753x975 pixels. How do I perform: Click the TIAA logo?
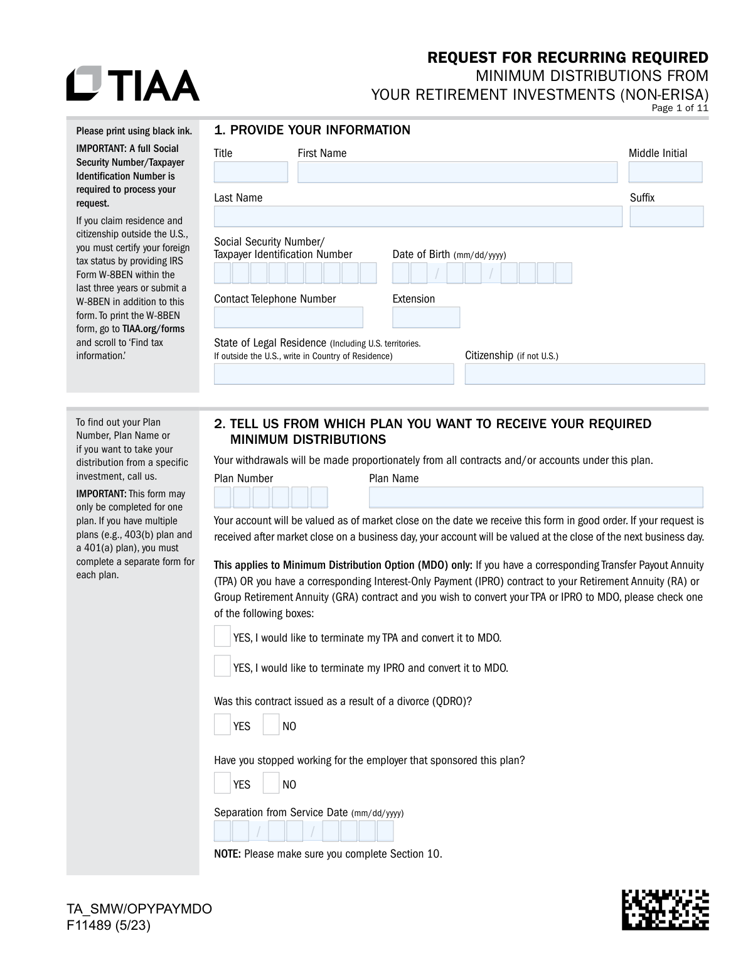(133, 83)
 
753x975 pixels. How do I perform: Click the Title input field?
(250, 172)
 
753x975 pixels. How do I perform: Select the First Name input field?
(457, 172)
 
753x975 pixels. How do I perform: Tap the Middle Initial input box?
(665, 172)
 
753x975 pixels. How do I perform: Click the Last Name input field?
(418, 217)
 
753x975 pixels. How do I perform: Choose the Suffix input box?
(666, 217)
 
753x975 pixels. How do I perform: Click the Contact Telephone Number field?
(289, 317)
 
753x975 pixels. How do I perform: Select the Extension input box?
(426, 317)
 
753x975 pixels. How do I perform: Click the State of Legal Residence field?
(334, 374)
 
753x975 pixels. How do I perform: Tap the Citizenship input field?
(585, 374)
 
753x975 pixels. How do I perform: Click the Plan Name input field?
(536, 497)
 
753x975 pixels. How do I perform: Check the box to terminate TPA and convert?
(222, 636)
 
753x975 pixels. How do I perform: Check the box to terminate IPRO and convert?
(222, 666)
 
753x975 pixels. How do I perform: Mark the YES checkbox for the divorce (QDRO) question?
(222, 725)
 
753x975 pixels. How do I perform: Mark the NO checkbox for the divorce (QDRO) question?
(271, 725)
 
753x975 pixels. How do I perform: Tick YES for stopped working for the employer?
(222, 783)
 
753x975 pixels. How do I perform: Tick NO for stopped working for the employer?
(271, 783)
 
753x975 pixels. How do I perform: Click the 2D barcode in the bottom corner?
(665, 909)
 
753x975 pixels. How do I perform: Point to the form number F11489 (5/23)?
(109, 925)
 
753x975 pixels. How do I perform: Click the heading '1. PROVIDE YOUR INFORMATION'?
(312, 130)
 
